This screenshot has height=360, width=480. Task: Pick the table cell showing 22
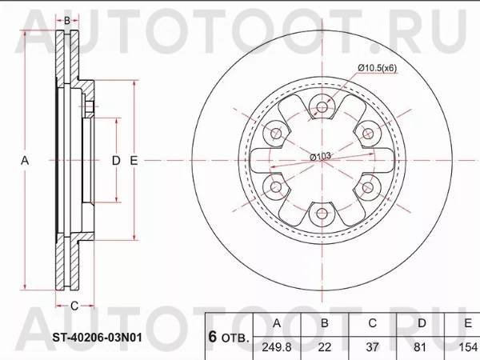[x=325, y=347]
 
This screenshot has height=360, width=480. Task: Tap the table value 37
[x=372, y=347]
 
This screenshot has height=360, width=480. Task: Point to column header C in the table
[x=372, y=324]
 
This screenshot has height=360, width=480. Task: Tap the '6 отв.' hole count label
[x=229, y=336]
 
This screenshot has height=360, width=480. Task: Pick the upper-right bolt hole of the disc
[x=368, y=133]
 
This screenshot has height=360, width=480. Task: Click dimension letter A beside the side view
[x=25, y=161]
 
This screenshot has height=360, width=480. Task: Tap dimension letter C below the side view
[x=74, y=306]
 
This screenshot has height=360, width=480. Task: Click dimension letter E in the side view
[x=134, y=161]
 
